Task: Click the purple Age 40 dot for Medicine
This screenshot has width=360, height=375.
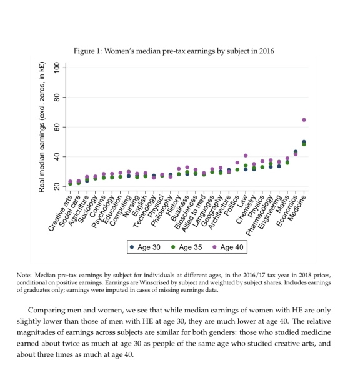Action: coord(304,120)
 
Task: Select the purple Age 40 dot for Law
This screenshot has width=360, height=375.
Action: coord(246,156)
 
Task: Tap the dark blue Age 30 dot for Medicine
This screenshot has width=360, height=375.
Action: coord(304,142)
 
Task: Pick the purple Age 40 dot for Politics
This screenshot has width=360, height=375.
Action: coord(237,162)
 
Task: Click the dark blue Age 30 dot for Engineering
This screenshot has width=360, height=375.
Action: coord(279,166)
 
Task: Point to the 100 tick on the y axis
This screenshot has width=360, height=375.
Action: coord(64,67)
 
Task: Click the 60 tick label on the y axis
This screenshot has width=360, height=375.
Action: coord(57,127)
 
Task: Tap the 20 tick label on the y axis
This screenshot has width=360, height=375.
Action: coord(57,186)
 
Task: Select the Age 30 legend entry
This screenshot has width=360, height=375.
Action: coord(145,247)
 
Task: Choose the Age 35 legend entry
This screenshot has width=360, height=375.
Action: coord(187,247)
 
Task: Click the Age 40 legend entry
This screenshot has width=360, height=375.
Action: coord(228,247)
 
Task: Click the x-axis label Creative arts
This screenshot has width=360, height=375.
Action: coord(60,213)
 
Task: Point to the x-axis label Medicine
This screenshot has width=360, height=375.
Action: coord(297,208)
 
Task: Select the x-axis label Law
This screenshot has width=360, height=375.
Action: coord(242,201)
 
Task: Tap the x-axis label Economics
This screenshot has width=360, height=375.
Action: coord(287,211)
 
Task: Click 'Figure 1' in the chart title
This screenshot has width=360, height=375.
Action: coord(87,51)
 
